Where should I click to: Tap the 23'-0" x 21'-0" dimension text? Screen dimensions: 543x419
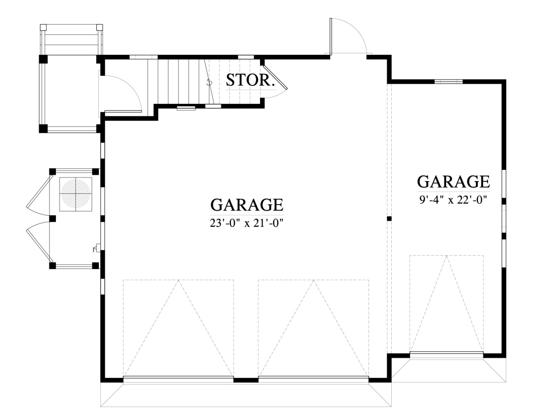(x=247, y=223)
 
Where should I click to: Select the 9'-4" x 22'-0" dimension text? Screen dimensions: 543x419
(x=453, y=200)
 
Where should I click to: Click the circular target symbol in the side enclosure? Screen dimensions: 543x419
(x=76, y=194)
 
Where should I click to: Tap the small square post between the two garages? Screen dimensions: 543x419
(x=389, y=219)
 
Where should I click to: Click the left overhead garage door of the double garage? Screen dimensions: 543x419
(x=179, y=380)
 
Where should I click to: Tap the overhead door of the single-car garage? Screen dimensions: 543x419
(x=447, y=355)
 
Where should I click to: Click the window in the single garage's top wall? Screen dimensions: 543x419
(x=449, y=81)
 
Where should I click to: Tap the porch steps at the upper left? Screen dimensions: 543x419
(x=72, y=40)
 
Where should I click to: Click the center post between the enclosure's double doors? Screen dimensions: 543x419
(x=53, y=219)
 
